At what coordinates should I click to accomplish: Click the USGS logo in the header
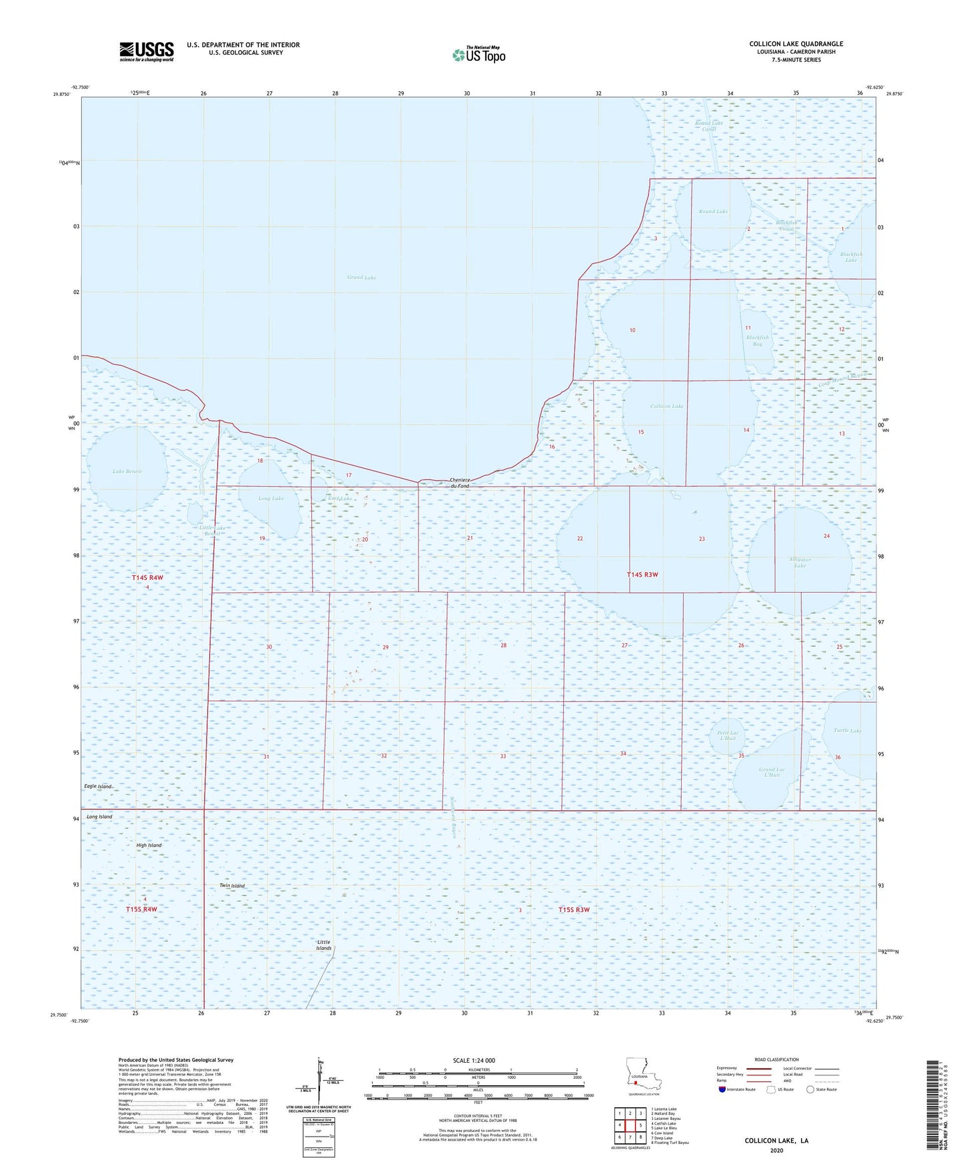coord(147,51)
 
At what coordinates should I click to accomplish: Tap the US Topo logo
coord(479,55)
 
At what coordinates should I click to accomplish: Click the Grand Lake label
coord(361,277)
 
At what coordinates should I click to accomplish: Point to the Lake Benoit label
coord(127,471)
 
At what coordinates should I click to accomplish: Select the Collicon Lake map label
coord(666,406)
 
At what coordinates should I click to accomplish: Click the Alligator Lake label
coord(800,563)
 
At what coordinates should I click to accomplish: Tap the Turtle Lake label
coord(847,731)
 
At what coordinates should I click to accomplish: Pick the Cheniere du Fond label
coord(460,483)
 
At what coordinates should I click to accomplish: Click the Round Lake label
coord(713,211)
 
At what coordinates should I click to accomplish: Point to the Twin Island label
coord(232,886)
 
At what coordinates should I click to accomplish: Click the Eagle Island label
coord(98,787)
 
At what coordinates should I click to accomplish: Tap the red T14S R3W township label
coord(642,575)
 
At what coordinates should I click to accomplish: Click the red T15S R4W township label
coord(141,909)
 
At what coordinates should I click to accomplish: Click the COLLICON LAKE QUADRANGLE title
coord(796,44)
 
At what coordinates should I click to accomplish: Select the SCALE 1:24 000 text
coord(474,1061)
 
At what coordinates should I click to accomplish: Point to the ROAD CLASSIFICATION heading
coord(776,1059)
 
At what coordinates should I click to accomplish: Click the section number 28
coord(503,645)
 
